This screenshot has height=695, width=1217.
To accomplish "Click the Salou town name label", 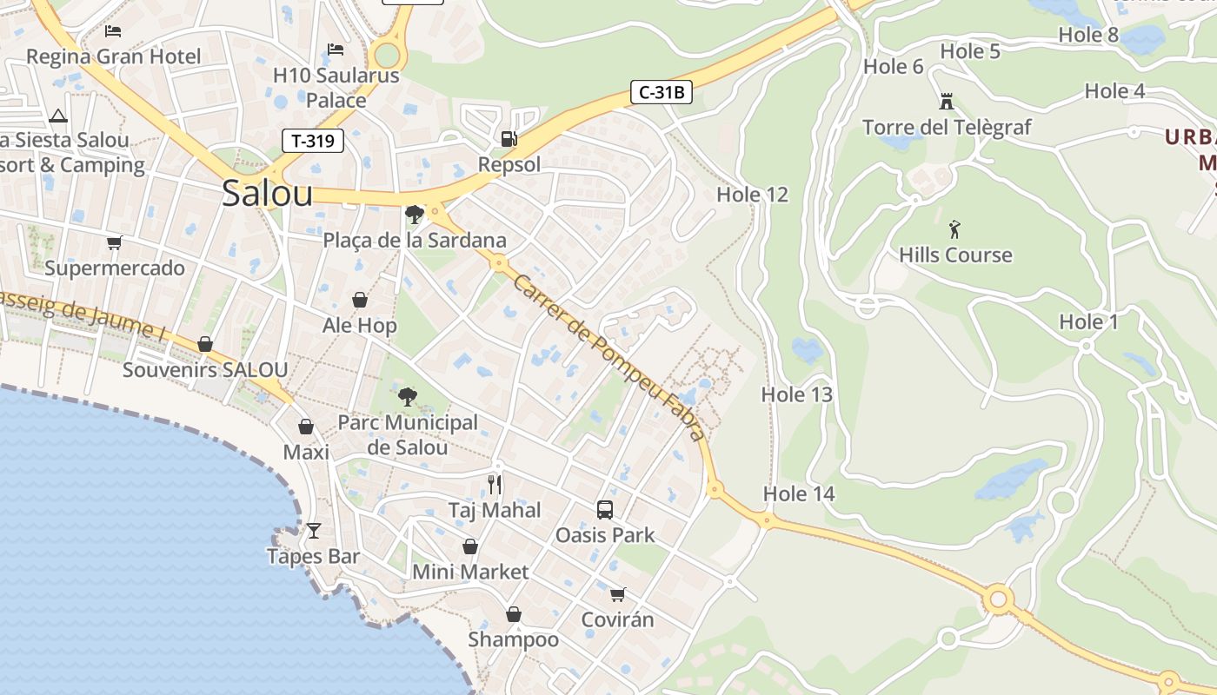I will pyautogui.click(x=267, y=193).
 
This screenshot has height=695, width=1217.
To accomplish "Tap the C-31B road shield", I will pyautogui.click(x=661, y=92).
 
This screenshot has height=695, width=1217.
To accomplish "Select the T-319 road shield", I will pyautogui.click(x=313, y=141).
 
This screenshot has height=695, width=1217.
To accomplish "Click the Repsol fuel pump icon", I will pyautogui.click(x=509, y=139).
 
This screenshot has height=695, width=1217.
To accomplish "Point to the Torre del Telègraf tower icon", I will pyautogui.click(x=946, y=102).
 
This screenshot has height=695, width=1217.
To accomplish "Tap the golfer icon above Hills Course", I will pyautogui.click(x=955, y=230).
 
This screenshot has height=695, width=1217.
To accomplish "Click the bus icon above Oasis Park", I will pyautogui.click(x=605, y=510).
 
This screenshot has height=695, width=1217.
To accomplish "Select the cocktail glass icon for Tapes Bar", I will pyautogui.click(x=313, y=530).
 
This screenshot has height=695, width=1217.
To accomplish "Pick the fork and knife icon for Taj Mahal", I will pyautogui.click(x=495, y=484).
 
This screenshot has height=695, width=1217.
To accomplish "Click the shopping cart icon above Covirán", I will pyautogui.click(x=617, y=594).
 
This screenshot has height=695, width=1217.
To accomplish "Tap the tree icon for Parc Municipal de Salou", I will pyautogui.click(x=407, y=398).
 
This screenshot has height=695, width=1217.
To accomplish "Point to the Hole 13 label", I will pyautogui.click(x=796, y=394).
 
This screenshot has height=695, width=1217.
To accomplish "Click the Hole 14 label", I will pyautogui.click(x=798, y=494).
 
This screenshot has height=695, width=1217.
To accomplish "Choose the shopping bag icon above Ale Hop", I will pyautogui.click(x=360, y=301).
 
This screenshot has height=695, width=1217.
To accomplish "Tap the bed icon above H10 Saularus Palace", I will pyautogui.click(x=336, y=50).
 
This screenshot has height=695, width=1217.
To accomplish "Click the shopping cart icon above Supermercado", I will pyautogui.click(x=114, y=242).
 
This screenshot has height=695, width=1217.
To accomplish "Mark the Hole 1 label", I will pyautogui.click(x=1088, y=322).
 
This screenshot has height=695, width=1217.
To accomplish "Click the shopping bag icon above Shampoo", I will pyautogui.click(x=514, y=615).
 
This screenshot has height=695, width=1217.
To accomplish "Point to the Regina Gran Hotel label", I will pyautogui.click(x=113, y=57).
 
